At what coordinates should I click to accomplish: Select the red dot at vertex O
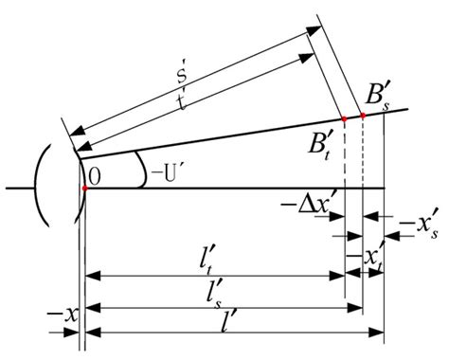click(x=85, y=189)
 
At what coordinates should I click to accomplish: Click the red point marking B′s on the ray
click(x=363, y=116)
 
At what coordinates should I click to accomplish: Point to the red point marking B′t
click(x=344, y=119)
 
